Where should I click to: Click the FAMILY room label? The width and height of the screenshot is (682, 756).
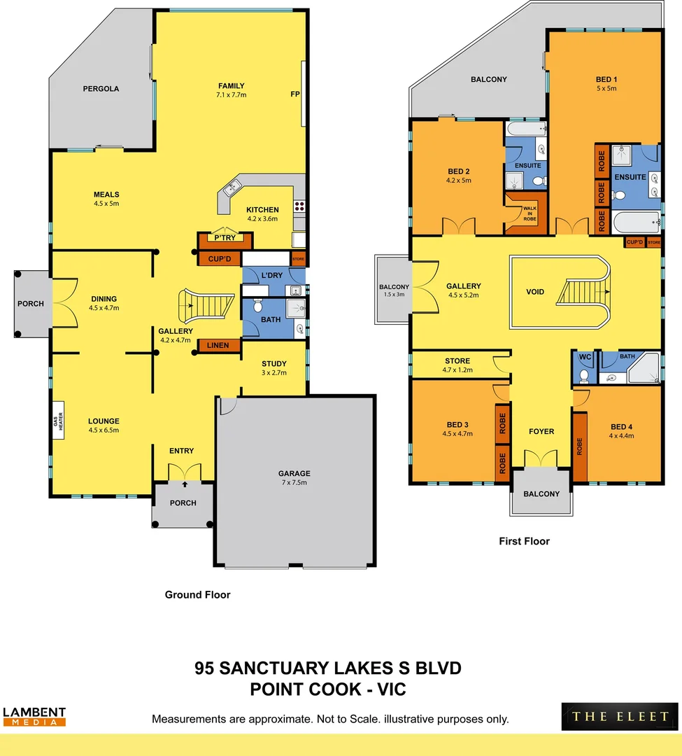click(232, 86)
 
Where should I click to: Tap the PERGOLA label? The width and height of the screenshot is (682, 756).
click(101, 89)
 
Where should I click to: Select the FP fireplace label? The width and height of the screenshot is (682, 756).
click(295, 93)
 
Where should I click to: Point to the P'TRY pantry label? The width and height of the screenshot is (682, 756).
click(224, 238)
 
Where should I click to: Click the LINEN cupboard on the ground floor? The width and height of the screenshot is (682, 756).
click(218, 345)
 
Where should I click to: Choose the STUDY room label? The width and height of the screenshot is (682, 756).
click(273, 363)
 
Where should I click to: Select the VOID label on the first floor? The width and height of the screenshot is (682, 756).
click(535, 292)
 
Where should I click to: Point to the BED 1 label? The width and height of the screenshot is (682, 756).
click(606, 79)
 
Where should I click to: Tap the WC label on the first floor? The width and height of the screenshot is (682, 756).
click(584, 356)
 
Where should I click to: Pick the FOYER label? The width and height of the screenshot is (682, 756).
click(541, 431)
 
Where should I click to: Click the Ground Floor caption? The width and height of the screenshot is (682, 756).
click(197, 595)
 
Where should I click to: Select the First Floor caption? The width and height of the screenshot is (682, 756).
click(524, 541)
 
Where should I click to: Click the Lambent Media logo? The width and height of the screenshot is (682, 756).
click(34, 715)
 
